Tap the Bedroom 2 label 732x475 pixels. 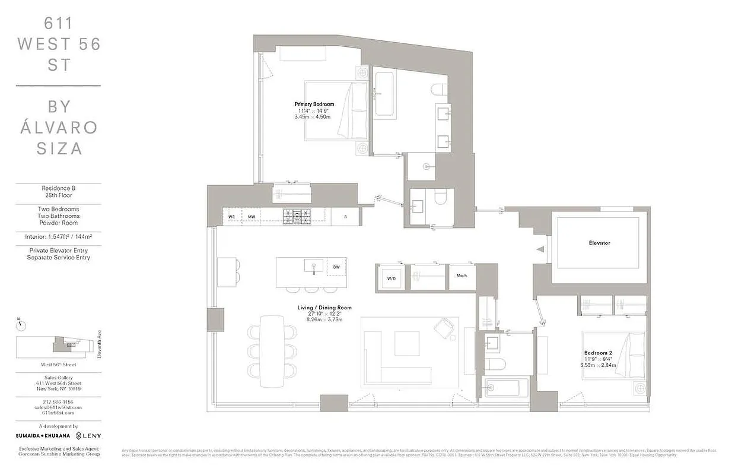point(598,353)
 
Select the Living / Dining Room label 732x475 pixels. point(324,308)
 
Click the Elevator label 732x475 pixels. point(599,243)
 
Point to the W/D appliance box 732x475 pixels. point(392,278)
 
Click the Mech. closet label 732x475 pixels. point(462,275)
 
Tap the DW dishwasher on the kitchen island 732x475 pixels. point(336,268)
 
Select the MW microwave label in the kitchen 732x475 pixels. point(252,217)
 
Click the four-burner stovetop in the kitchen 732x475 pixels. point(297,217)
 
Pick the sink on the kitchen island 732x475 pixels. point(311,266)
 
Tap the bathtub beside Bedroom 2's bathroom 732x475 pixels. point(502,388)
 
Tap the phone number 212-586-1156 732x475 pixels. point(58,401)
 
